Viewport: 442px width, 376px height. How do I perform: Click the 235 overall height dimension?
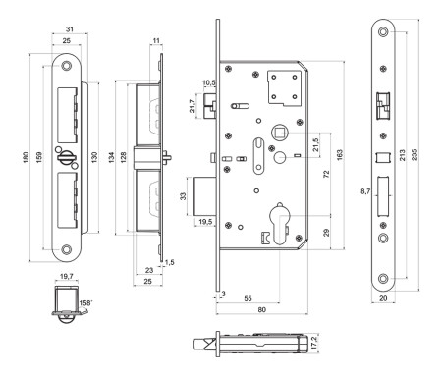[414, 154]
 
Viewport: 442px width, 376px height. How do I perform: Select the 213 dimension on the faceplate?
[402, 155]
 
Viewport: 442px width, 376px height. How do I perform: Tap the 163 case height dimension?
[340, 155]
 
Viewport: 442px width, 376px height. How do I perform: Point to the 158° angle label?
[85, 303]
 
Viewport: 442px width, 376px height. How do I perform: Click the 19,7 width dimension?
[67, 277]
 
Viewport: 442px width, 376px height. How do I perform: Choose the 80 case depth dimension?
[262, 309]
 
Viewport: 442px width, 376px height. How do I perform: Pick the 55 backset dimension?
[249, 298]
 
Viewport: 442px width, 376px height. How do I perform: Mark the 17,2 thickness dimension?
[315, 343]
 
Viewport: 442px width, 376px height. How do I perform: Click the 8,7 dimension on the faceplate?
[365, 191]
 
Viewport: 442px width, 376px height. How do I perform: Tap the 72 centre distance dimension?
[326, 174]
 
